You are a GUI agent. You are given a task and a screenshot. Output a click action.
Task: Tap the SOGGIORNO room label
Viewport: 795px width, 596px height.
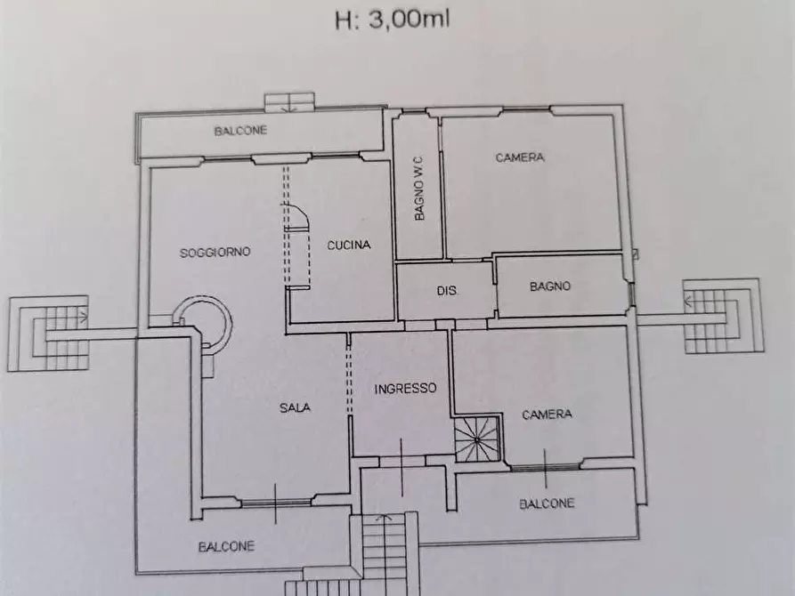click(215, 252)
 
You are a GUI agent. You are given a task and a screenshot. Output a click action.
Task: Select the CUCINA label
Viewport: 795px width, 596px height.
click(348, 246)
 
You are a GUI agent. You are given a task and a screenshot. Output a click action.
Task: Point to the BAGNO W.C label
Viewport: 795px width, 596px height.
click(419, 187)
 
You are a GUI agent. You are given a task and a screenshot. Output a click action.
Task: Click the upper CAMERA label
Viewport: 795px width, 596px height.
click(520, 157)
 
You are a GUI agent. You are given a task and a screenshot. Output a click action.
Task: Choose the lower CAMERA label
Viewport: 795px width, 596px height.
click(547, 415)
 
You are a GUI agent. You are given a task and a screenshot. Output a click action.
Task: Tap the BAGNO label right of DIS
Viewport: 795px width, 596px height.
click(549, 286)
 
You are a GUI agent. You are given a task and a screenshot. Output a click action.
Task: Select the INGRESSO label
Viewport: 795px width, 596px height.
click(404, 389)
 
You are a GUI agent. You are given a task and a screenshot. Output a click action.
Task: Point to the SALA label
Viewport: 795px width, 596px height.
click(295, 408)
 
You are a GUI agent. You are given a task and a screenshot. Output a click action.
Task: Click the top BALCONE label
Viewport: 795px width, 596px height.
click(240, 131)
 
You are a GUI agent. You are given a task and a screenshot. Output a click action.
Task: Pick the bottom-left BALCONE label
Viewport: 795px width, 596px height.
click(226, 546)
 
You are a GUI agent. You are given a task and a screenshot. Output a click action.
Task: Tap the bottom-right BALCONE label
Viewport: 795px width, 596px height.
click(547, 503)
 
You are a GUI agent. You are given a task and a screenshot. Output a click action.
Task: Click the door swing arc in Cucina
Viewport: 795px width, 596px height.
click(298, 218)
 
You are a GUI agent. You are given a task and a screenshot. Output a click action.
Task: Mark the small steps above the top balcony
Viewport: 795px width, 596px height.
click(289, 100)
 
